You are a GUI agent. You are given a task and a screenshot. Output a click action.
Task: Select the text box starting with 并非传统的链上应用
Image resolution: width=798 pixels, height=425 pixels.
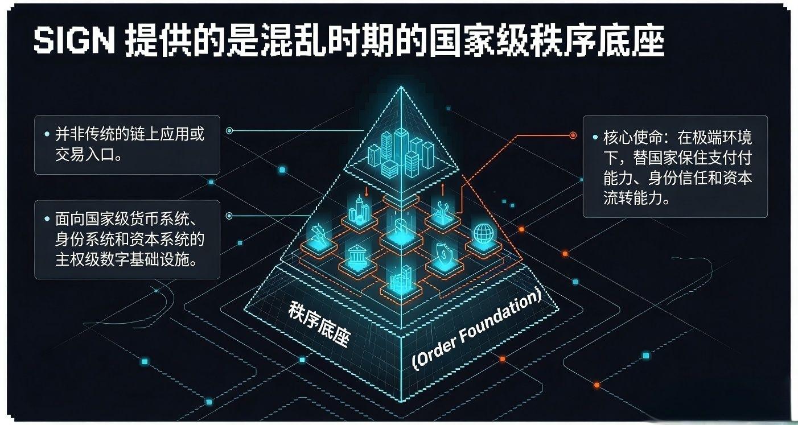(x=127, y=145)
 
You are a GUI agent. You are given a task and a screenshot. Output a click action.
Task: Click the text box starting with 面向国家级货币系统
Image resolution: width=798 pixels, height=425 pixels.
(x=127, y=240)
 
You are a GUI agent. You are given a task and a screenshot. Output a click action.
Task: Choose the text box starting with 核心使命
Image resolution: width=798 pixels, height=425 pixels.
(x=675, y=167)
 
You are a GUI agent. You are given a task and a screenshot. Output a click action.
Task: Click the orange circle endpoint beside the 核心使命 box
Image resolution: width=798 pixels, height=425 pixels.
(x=573, y=135)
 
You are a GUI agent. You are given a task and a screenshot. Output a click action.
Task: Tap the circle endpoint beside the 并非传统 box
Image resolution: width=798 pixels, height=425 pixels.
(x=229, y=131)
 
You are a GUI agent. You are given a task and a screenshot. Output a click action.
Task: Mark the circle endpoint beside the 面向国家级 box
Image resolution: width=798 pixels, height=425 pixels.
(x=229, y=216)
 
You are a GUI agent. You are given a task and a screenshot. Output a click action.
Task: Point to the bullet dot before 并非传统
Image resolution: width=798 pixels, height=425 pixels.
(x=47, y=135)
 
